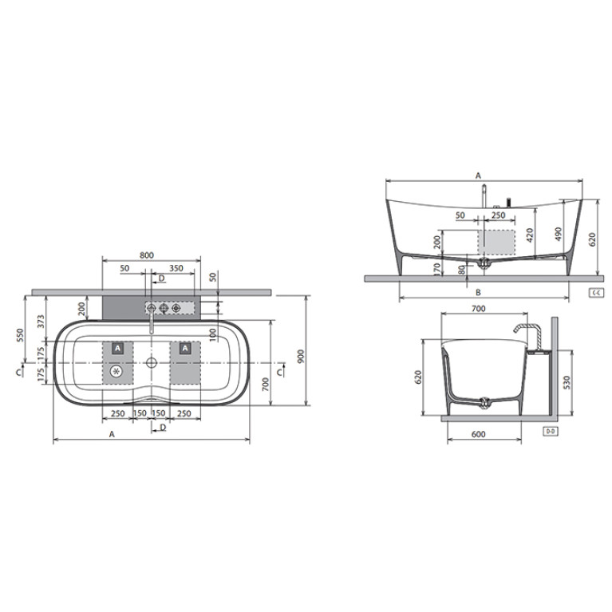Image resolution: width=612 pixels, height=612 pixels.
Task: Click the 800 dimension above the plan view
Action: coord(147,255)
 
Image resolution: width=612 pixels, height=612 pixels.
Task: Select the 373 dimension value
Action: coord(41,322)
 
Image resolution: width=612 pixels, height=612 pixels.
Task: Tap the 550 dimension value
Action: coord(20,335)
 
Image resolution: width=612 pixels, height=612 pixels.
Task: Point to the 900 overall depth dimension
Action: coord(301,356)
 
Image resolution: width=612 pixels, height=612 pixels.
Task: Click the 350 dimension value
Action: coord(176,268)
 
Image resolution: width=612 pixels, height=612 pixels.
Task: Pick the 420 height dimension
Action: coord(530,235)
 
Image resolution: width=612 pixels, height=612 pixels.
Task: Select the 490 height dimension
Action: coord(559,234)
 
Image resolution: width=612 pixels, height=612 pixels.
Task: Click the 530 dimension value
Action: coord(567,382)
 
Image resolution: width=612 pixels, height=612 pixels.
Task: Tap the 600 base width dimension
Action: coord(479,434)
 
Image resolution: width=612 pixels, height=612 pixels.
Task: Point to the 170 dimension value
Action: coord(437,269)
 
